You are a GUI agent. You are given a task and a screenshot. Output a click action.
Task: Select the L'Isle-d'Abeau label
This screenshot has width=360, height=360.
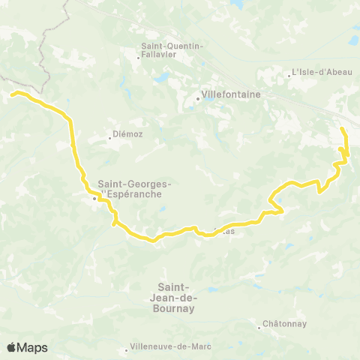coord(316,73)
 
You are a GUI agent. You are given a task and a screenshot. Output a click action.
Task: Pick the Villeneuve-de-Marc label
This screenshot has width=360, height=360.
coord(170,346)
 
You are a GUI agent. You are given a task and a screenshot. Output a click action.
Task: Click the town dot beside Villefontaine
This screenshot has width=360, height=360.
coord(197,97)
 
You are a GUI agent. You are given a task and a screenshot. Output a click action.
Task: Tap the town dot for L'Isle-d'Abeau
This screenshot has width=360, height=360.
coord(289,73)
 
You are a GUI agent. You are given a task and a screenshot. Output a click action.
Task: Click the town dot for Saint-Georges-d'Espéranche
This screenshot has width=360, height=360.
coord(94,199)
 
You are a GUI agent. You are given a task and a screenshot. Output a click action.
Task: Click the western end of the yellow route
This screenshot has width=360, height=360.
coord(11,94)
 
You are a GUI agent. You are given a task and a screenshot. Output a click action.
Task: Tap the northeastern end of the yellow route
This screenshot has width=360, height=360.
coord(343,130)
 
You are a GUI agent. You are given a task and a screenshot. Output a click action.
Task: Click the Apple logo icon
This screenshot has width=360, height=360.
coord(12,347)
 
